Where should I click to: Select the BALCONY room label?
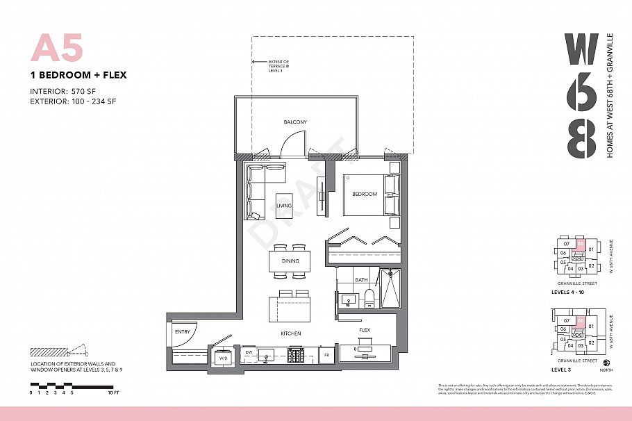[294, 122]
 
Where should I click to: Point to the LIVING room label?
[284, 206]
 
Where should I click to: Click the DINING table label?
[290, 261]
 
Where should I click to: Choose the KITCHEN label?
[291, 334]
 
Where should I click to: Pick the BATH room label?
[360, 281]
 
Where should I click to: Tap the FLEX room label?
[365, 330]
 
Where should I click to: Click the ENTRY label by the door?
[182, 332]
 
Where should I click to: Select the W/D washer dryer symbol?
[224, 357]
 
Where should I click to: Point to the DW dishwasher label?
[249, 353]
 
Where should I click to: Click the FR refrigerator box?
[326, 355]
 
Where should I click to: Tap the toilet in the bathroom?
[369, 298]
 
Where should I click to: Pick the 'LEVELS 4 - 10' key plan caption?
[571, 292]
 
